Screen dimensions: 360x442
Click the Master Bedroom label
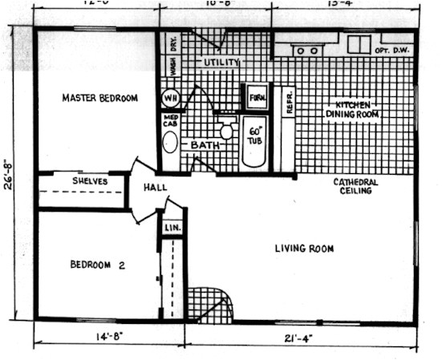tap(100, 99)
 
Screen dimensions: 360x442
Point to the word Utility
tap(221, 62)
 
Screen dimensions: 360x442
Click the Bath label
tap(205, 145)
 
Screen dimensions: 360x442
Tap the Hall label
tap(155, 188)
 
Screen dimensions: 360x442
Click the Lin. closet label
tap(172, 228)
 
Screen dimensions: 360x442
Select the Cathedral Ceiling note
tap(355, 187)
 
